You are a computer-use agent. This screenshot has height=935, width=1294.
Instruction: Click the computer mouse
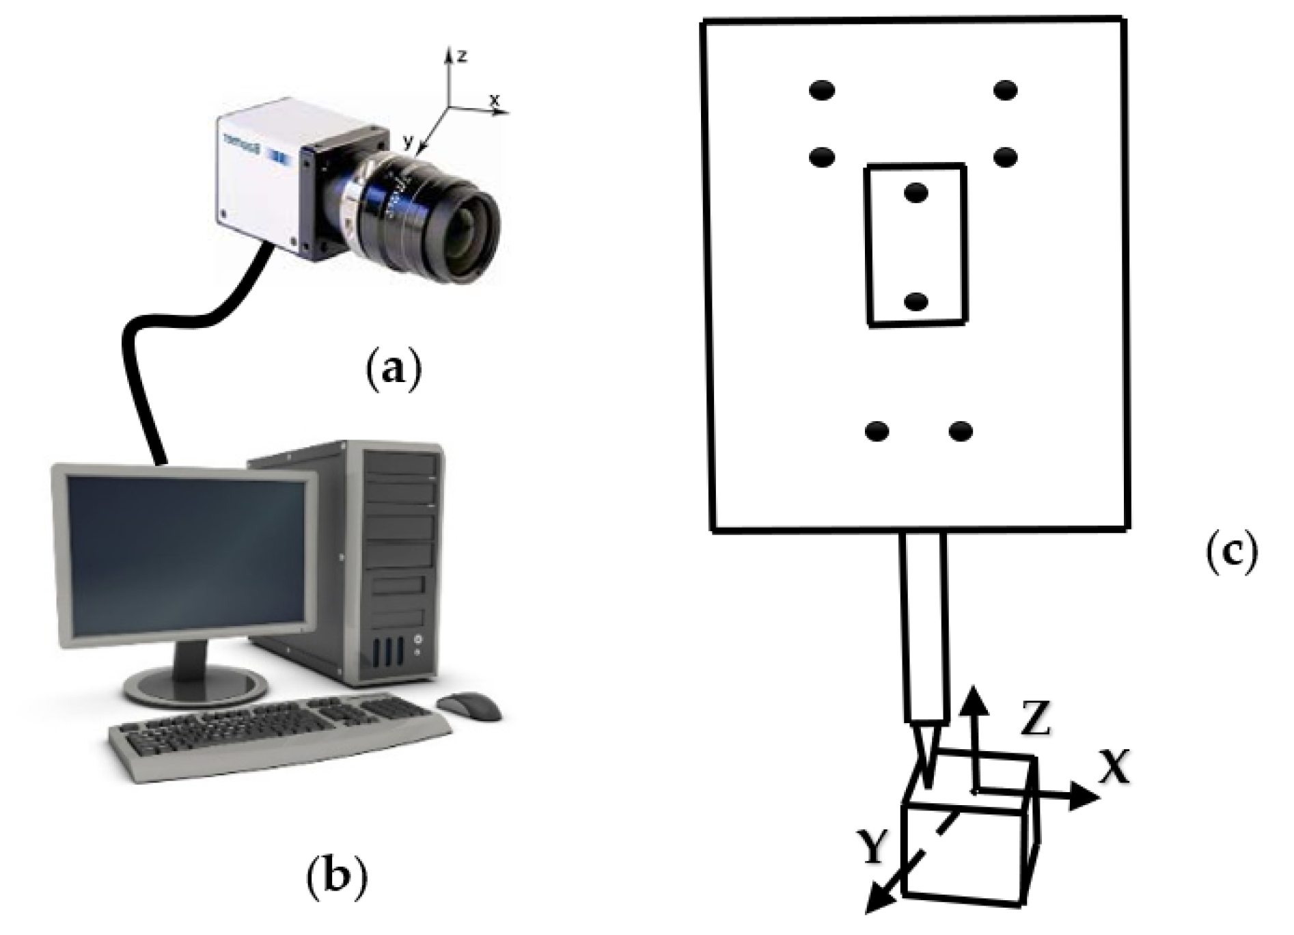click(469, 705)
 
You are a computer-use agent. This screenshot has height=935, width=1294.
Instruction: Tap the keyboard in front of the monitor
click(280, 735)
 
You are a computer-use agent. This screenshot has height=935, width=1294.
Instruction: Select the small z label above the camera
click(463, 57)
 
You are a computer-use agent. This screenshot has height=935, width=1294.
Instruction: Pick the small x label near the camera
click(495, 100)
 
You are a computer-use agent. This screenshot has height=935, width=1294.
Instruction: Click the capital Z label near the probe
click(1036, 719)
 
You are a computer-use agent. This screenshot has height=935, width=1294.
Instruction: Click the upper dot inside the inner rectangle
click(916, 193)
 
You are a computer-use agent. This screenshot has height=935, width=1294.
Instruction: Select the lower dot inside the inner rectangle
click(916, 301)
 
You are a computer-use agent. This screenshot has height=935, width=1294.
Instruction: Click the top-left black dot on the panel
click(822, 90)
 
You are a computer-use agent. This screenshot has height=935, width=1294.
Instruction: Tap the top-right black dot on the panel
click(1006, 90)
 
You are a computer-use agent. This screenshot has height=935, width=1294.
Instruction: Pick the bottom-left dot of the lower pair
click(877, 431)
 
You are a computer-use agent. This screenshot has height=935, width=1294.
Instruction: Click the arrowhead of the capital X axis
click(1086, 796)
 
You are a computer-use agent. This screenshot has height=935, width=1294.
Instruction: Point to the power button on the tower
click(418, 640)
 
